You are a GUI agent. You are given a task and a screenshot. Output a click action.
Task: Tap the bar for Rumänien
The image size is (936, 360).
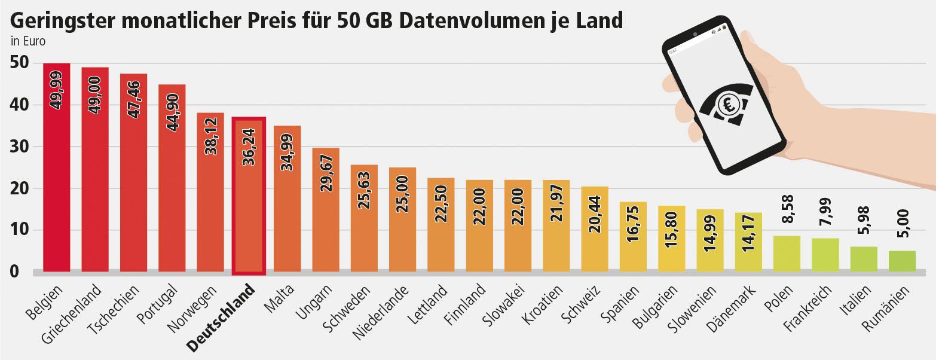[x=902, y=261]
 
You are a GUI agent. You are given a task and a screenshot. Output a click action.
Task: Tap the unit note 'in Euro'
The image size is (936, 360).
[x=28, y=42]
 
